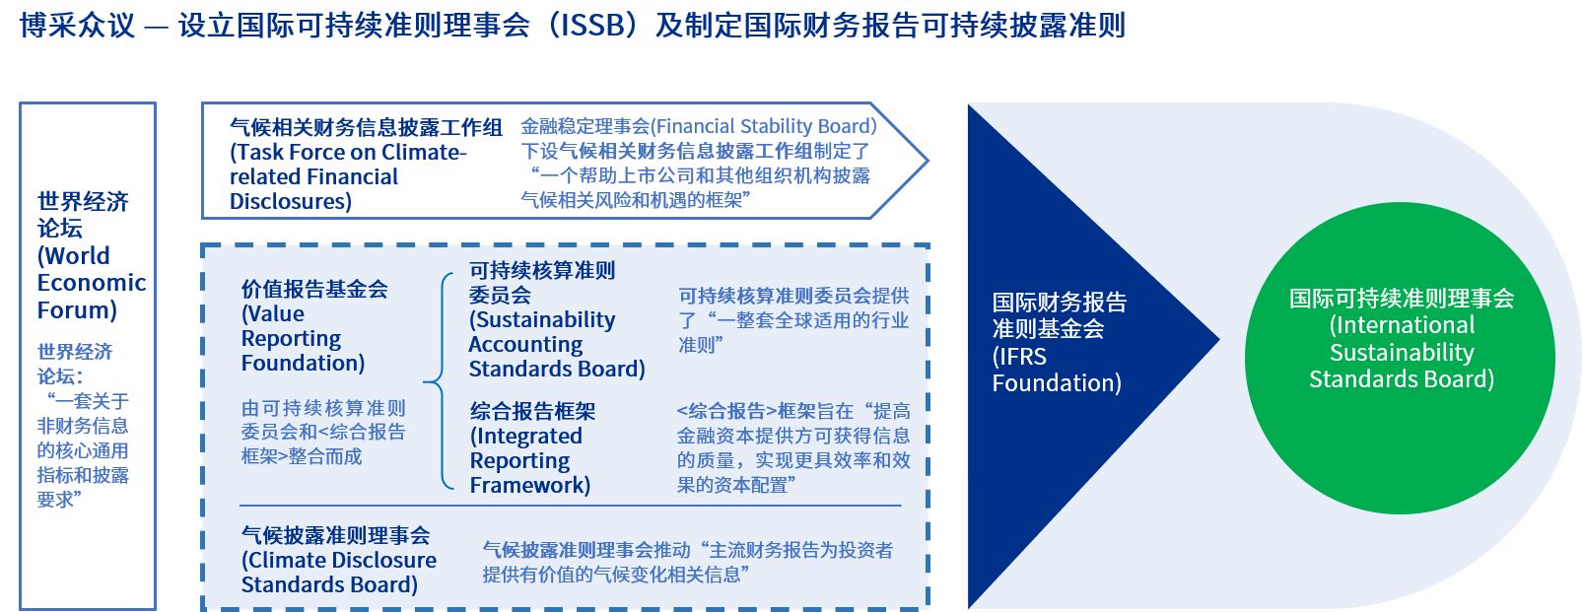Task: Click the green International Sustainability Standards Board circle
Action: [1400, 358]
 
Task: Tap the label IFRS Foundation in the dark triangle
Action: [1057, 370]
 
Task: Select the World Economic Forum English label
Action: [91, 283]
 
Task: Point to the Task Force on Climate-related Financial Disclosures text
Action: [348, 176]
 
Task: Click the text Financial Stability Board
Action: [763, 126]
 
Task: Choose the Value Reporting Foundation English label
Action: [303, 338]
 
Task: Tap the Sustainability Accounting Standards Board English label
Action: [557, 344]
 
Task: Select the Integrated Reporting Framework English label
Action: [529, 460]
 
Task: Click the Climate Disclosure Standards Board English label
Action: [338, 572]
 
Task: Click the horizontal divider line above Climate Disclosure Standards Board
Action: [571, 507]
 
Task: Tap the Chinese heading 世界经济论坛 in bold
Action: [83, 215]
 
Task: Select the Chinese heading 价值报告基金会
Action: [314, 288]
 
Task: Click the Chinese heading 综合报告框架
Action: [532, 411]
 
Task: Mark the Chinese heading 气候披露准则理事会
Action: [335, 535]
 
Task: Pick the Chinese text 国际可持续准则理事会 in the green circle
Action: [1402, 298]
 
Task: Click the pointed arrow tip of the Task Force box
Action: [928, 161]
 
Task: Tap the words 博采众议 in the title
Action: [76, 26]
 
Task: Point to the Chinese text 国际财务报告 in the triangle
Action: [1059, 303]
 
